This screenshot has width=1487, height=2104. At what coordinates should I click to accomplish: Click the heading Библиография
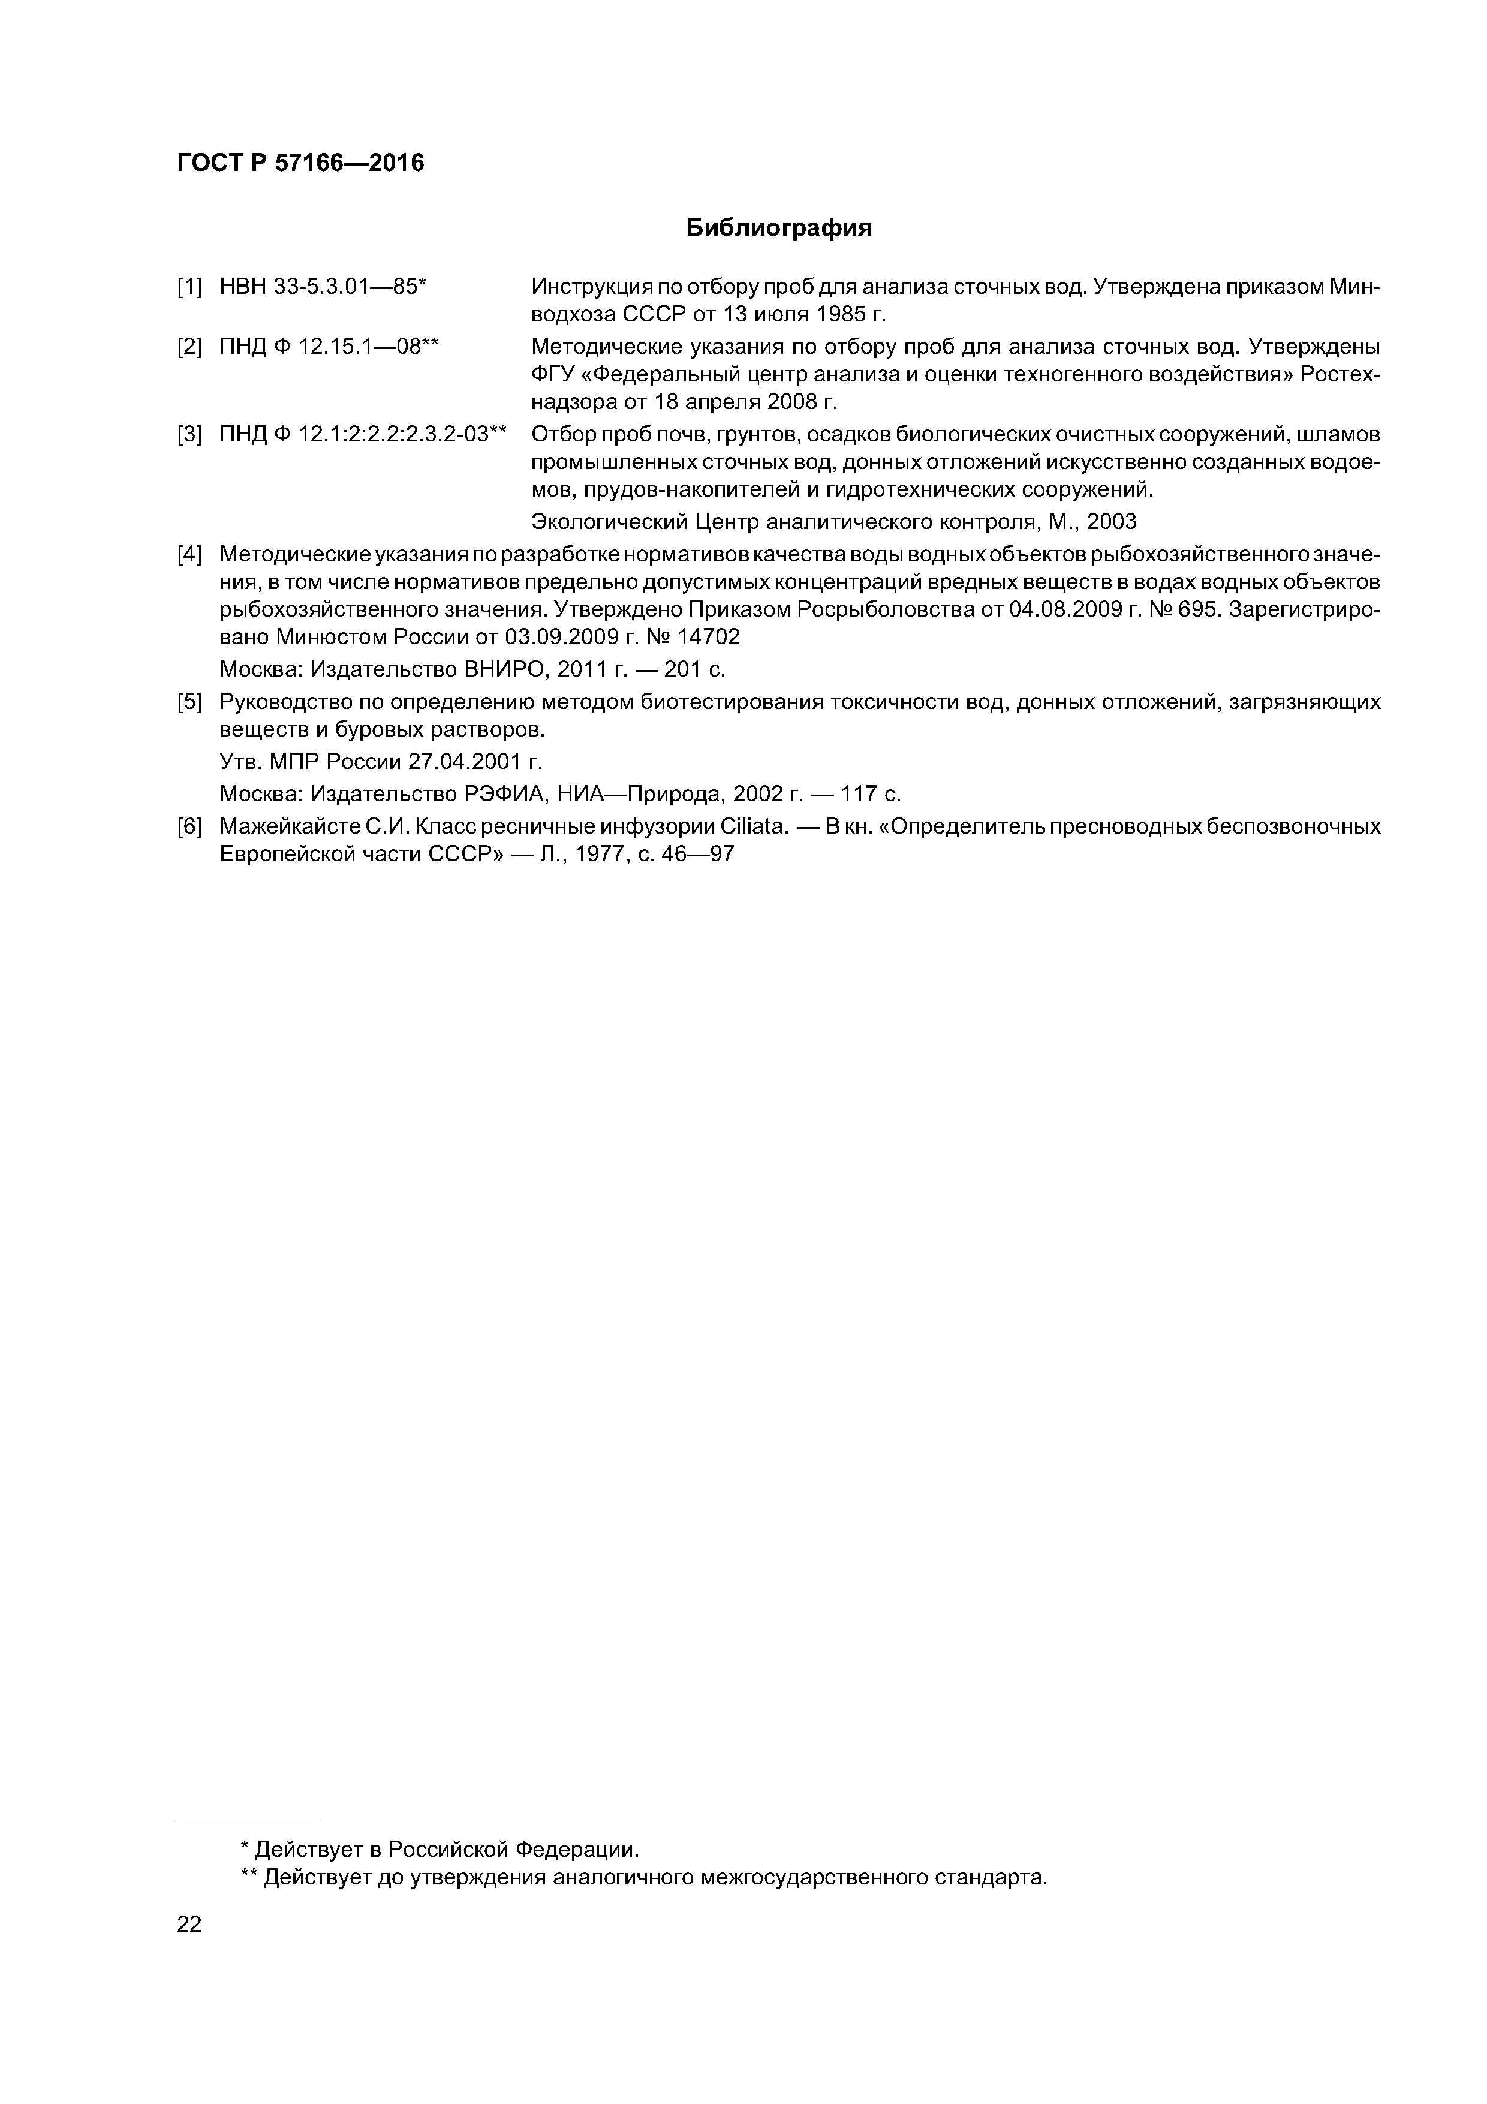779,228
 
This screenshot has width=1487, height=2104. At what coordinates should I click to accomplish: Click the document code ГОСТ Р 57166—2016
300,163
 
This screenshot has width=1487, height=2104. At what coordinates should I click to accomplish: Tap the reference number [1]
189,288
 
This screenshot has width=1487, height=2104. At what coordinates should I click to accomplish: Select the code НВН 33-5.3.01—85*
323,288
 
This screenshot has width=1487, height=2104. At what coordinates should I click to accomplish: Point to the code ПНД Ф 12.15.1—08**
330,347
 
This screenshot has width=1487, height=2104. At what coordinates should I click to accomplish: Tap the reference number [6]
189,828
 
